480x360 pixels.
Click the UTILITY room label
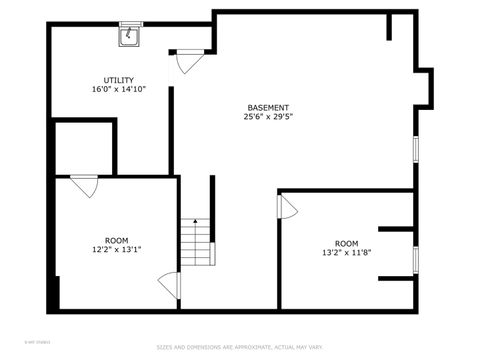coord(119,80)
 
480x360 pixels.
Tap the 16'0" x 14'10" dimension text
coord(119,89)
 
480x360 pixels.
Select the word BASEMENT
coord(268,108)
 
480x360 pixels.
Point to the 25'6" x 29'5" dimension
coord(268,117)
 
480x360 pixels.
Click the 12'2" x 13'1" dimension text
coord(117,249)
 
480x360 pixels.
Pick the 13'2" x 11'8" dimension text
coord(346,253)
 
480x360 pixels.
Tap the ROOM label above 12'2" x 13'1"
coord(117,240)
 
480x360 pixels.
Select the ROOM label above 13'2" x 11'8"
coord(346,244)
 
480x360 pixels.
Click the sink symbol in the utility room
coord(130,36)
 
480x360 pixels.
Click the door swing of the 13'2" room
coord(288,207)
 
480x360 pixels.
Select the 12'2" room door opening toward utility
coord(84,185)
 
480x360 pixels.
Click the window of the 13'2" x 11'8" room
coord(415,258)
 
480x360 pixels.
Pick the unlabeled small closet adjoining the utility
coord(81,149)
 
